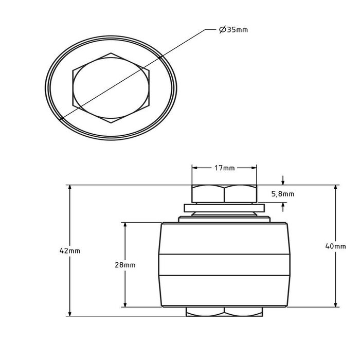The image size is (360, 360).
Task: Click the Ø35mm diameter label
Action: coord(233,30)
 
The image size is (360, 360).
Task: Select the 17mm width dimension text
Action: coord(225,168)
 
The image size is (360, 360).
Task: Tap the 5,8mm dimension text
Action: coord(283,194)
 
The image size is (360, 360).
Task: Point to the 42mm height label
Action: coord(70,251)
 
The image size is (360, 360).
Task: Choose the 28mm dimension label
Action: coord(125,265)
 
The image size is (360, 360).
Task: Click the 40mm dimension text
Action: coord(335,246)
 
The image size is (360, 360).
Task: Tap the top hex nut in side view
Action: coord(224,194)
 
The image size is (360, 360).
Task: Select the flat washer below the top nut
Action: coord(224,208)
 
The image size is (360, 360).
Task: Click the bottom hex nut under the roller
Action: coord(224,312)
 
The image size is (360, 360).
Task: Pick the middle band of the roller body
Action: coord(224,265)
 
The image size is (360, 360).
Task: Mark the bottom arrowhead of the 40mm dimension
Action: coord(336,304)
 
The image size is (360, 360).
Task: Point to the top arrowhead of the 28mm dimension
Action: coord(125,225)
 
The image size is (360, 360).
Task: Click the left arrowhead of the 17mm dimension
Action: coord(195,168)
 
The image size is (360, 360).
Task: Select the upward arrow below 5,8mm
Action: coord(283,207)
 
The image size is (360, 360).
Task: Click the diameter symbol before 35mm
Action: coord(223,30)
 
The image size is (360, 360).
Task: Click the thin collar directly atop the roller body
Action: coord(224,219)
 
